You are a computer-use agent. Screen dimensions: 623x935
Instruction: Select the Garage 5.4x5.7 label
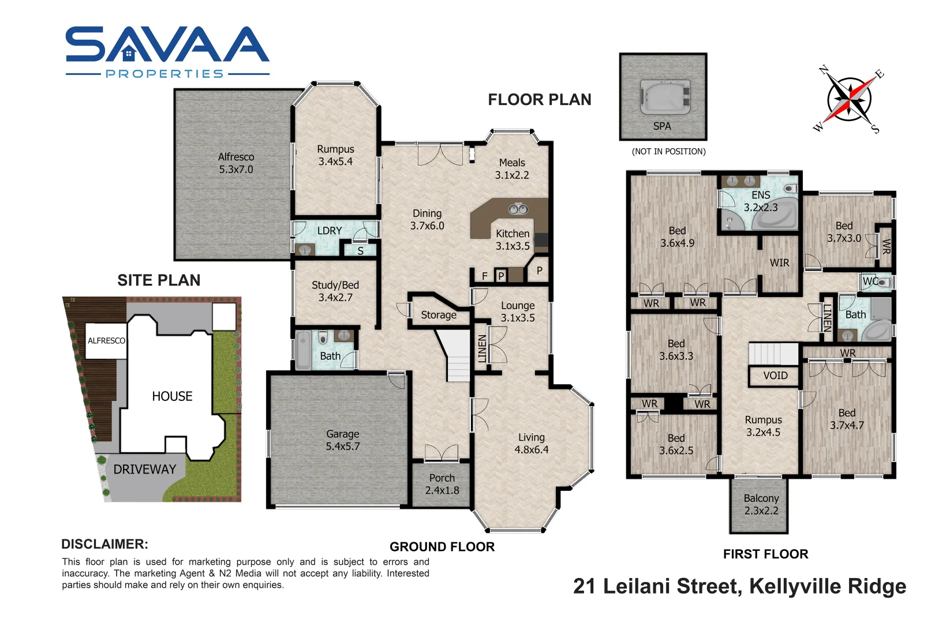[342, 440]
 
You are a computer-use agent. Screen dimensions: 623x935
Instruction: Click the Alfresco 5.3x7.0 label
[235, 163]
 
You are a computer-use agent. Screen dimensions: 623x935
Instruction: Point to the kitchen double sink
[517, 209]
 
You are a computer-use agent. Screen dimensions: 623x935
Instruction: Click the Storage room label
[438, 315]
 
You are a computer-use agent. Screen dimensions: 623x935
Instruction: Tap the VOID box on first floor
[775, 376]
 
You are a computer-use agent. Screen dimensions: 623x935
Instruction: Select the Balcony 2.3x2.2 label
[761, 504]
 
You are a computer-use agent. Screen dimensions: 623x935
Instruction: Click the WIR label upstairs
[779, 263]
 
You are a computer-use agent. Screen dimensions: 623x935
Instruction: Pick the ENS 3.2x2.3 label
[760, 201]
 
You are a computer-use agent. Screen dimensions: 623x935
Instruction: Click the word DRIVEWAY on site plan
[144, 470]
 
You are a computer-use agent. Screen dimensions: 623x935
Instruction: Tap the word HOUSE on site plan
[172, 396]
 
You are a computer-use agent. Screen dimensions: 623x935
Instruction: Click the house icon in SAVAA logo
[129, 55]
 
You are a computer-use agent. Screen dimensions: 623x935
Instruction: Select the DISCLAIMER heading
[104, 544]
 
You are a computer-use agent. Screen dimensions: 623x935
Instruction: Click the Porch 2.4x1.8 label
[442, 484]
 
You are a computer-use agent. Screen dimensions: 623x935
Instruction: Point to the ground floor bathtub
[303, 350]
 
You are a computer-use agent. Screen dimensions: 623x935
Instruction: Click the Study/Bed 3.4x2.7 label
[335, 291]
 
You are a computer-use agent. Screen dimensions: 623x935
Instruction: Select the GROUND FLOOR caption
[442, 547]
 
